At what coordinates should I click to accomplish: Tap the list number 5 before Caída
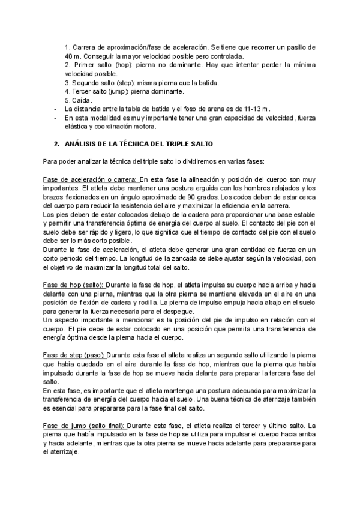tap(67, 100)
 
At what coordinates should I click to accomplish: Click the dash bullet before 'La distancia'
tap(56, 109)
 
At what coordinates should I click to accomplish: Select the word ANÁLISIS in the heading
tap(82, 145)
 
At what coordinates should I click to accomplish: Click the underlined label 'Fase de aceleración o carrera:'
tap(90, 179)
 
